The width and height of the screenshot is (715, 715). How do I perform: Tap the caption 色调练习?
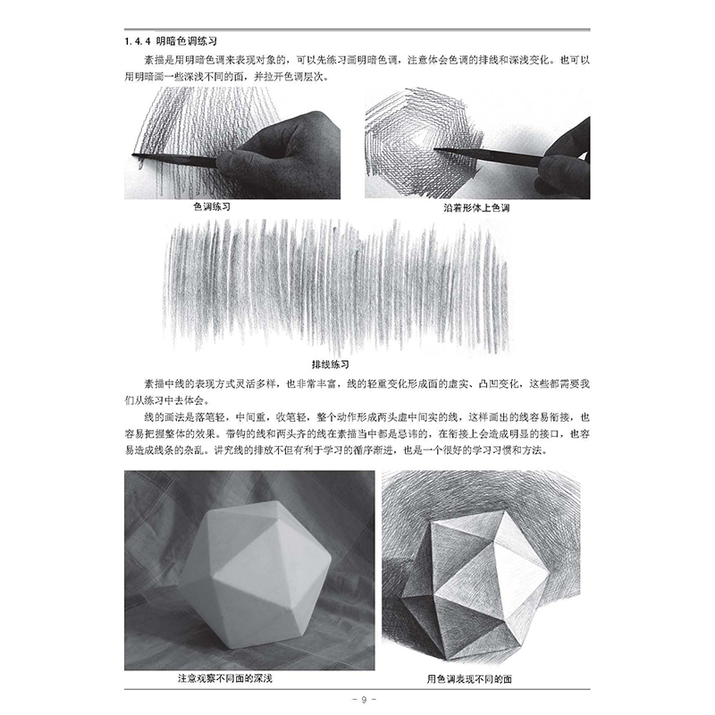(x=212, y=206)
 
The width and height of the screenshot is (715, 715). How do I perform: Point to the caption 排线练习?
(x=331, y=364)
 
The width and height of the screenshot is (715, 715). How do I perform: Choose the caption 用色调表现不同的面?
(x=484, y=678)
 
